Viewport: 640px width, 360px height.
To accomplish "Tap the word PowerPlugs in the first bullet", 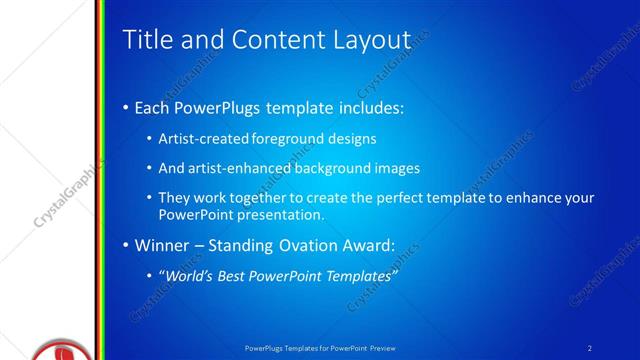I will tap(220, 107).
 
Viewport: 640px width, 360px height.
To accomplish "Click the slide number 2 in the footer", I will tap(590, 347).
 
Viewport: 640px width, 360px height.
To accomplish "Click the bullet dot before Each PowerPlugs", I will tap(125, 108).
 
